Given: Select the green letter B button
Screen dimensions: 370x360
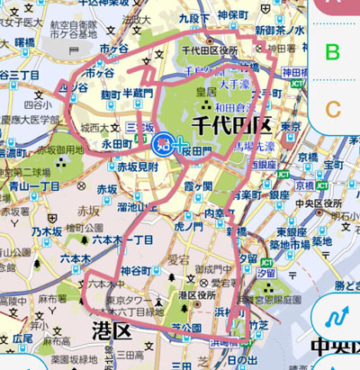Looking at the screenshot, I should [333, 52].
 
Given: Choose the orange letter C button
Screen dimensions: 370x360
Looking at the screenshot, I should [333, 110].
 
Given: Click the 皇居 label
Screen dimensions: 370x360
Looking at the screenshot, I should [207, 92].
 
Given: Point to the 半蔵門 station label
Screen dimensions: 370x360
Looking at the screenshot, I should [139, 95].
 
